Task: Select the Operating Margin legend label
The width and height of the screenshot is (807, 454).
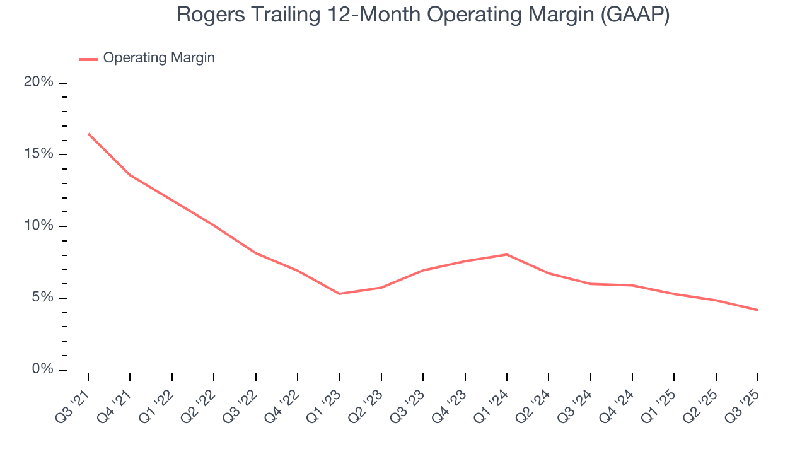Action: coord(159,58)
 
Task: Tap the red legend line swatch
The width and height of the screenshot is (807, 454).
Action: coord(88,59)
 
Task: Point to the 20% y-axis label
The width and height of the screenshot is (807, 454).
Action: coord(38,83)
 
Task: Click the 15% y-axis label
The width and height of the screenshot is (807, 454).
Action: coord(38,154)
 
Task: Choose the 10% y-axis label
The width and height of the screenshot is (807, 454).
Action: coord(38,226)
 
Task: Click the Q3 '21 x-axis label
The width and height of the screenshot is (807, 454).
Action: coord(74,399)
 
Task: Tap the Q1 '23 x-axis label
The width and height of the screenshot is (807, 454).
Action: coord(325,399)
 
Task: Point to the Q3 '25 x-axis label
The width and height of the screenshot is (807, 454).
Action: coord(743,399)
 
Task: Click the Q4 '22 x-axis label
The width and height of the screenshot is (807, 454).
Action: coord(284,399)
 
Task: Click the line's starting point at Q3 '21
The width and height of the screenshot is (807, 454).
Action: coord(88,134)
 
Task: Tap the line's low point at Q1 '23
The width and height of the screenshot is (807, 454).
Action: coord(339,294)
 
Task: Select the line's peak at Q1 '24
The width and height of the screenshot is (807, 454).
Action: coord(507,254)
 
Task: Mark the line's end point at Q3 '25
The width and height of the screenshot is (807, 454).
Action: coord(757,310)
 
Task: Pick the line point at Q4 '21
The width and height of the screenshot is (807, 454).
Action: coord(130,175)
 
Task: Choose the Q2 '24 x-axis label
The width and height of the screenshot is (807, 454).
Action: coord(535,399)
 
